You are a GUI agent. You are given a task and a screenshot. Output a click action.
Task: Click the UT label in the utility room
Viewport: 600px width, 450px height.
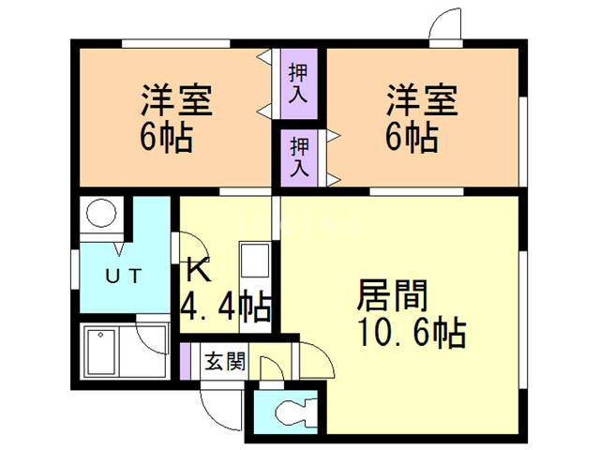coord(122,276)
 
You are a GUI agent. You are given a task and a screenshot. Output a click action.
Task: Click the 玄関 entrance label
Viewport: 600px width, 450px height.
coord(225,360)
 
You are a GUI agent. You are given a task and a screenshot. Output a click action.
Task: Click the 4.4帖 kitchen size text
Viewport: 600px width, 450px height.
coord(225,306)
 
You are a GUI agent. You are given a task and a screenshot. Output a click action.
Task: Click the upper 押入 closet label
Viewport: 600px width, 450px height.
coord(299,82)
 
